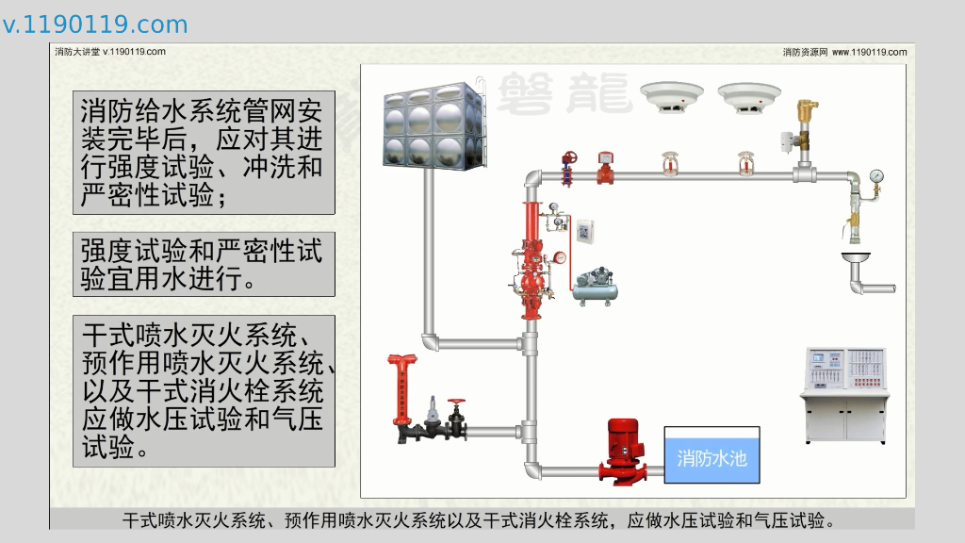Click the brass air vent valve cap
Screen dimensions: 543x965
click(x=806, y=107)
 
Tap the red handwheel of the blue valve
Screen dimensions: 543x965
click(x=568, y=156)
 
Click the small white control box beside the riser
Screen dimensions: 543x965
click(x=585, y=230)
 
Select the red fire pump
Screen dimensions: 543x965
click(x=621, y=451)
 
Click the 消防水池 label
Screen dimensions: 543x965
click(x=711, y=458)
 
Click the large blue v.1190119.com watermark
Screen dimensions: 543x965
click(x=95, y=25)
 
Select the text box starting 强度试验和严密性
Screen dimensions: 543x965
click(x=204, y=264)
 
